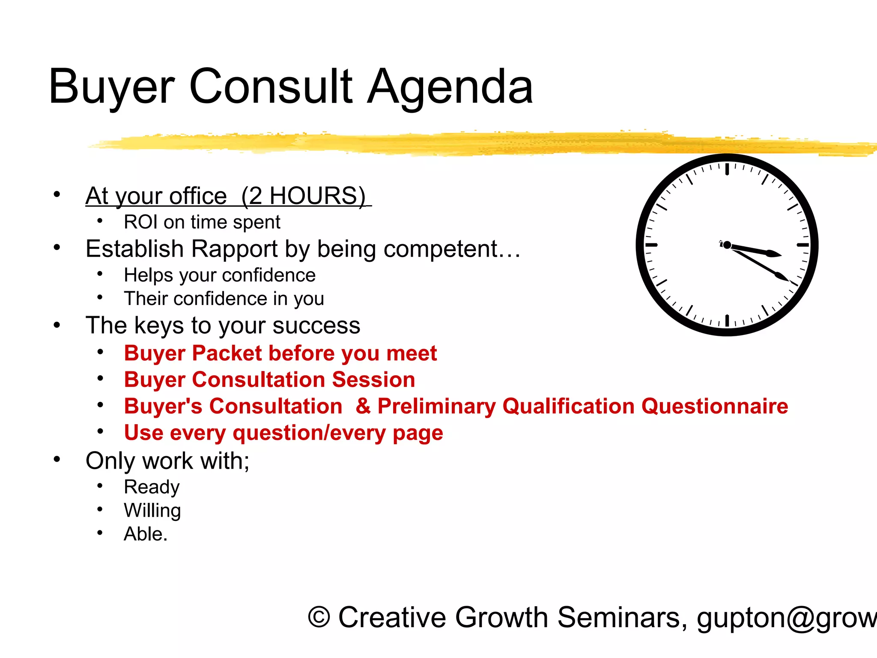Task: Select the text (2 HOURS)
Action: [x=304, y=196]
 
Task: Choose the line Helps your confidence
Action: [x=220, y=275]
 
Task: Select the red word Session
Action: [x=373, y=380]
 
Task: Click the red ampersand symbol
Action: [x=363, y=406]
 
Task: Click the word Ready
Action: [x=152, y=487]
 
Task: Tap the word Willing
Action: [x=152, y=511]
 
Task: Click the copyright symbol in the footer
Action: [x=319, y=618]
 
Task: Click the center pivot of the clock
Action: [x=727, y=245]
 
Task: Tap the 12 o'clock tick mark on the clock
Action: [x=727, y=169]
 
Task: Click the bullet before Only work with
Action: [x=57, y=459]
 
